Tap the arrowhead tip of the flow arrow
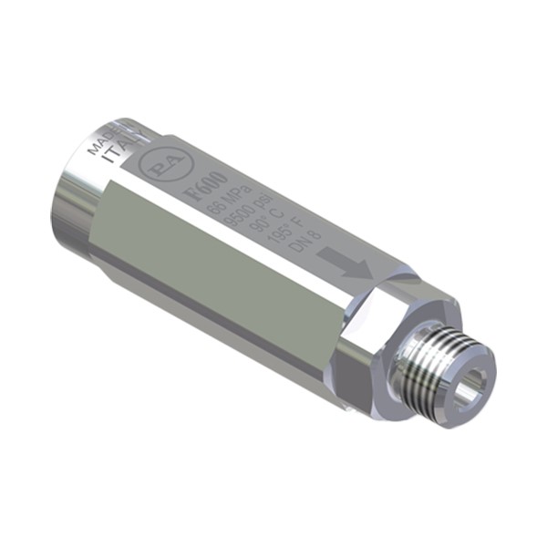(366, 272)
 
